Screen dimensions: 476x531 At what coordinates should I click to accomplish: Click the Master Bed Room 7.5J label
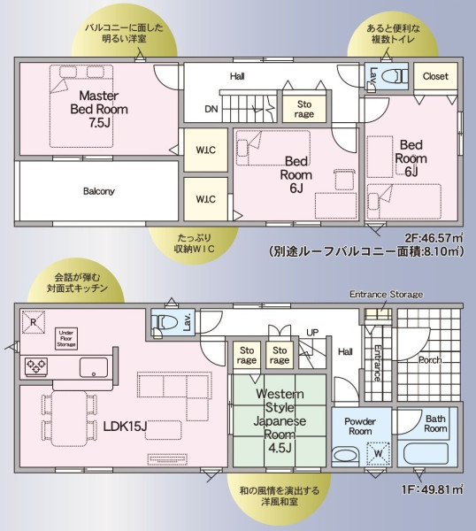(99, 109)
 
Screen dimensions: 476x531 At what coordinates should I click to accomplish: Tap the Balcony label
(99, 191)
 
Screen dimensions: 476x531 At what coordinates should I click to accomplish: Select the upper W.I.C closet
(206, 150)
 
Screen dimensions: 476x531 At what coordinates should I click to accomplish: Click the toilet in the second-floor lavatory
(396, 76)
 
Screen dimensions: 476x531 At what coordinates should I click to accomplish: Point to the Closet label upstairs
(435, 76)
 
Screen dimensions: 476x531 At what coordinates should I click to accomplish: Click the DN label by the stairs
(211, 109)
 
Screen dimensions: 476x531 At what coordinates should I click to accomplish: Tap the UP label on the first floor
(312, 333)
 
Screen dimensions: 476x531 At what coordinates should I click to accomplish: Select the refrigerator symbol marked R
(33, 322)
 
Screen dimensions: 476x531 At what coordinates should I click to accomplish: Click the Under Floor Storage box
(66, 338)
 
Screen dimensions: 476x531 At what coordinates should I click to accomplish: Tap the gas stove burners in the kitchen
(36, 366)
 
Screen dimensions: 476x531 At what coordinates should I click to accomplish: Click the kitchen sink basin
(94, 367)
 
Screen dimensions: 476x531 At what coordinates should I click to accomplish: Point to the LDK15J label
(125, 427)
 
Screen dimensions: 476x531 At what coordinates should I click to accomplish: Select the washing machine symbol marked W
(378, 453)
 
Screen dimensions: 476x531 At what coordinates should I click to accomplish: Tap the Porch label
(430, 360)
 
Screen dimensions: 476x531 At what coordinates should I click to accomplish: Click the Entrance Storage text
(386, 295)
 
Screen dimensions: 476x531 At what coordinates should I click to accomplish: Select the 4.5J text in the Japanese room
(280, 448)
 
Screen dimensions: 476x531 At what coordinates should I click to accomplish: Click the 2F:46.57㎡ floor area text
(434, 238)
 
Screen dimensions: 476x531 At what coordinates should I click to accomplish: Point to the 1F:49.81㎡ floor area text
(433, 489)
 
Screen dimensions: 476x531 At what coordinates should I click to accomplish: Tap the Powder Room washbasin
(345, 455)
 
